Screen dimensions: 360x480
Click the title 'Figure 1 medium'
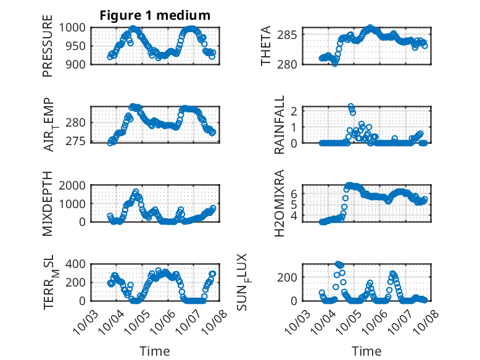(155, 15)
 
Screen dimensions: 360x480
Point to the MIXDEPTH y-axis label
(48, 203)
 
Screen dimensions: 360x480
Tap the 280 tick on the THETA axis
(292, 64)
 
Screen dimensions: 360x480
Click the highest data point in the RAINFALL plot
(350, 106)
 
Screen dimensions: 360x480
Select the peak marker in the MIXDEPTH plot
(135, 191)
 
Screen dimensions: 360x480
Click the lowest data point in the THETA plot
(335, 63)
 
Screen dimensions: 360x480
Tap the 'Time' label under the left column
(155, 351)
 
